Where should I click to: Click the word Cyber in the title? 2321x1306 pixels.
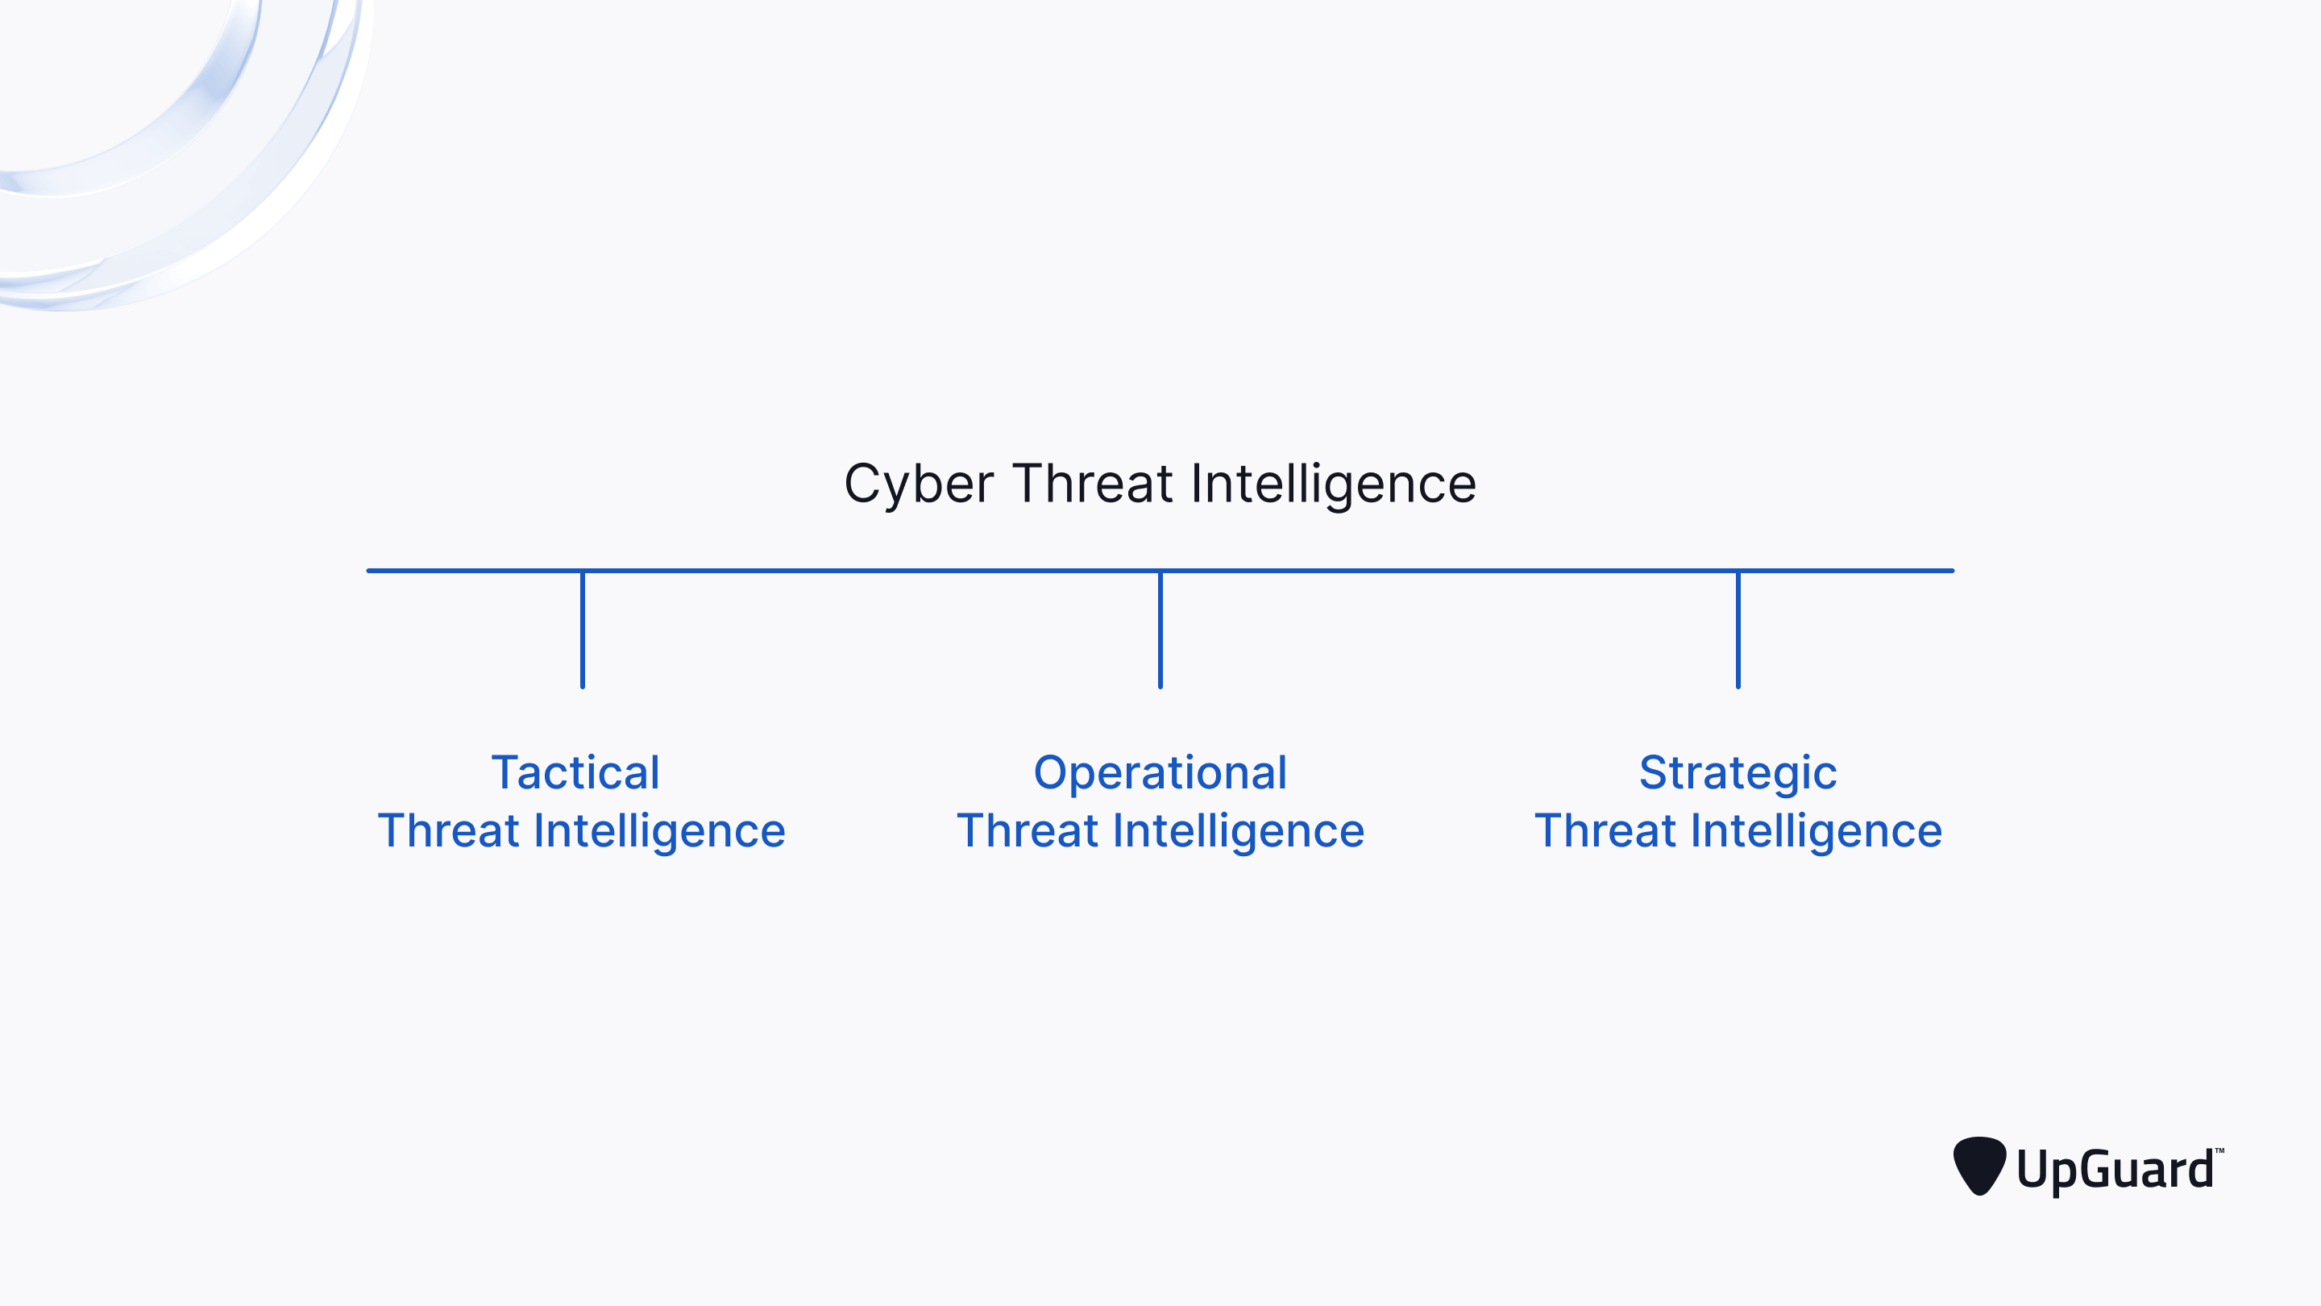coord(918,484)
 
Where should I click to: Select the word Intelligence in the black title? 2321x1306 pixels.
coord(1334,484)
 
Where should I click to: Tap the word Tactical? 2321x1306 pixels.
coord(575,772)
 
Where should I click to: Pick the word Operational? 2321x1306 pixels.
coord(1160,772)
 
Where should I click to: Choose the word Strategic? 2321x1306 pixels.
coord(1738,772)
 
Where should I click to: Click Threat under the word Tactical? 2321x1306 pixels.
coord(448,830)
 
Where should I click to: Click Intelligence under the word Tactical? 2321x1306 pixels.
coord(659,830)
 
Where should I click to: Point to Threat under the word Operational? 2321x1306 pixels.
coord(1028,830)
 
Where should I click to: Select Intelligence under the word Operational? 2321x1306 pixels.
coord(1239,830)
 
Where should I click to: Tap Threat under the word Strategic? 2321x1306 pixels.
coord(1605,830)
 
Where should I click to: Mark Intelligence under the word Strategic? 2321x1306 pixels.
coord(1817,830)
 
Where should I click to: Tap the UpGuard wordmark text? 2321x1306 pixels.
coord(2115,1170)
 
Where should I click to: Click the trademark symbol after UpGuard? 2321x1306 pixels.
coord(2219,1151)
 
